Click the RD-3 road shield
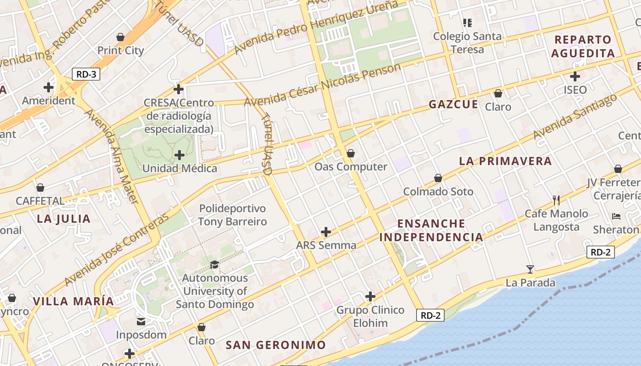pos(86,74)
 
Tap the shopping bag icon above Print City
pos(120,37)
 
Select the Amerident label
pos(49,101)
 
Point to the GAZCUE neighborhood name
pos(453,105)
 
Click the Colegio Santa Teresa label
pos(467,43)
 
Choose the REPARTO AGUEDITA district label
pos(583,46)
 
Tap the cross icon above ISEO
pos(575,76)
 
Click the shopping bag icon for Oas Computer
pos(351,153)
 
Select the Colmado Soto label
pos(438,191)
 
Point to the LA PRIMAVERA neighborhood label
pos(505,161)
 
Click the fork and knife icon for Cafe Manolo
pos(556,200)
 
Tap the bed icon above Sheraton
pos(616,216)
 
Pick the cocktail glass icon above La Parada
pos(530,269)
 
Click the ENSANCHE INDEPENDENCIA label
pos(431,230)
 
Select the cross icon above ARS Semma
pos(326,232)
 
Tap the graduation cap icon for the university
pos(214,264)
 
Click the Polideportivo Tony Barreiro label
pos(232,215)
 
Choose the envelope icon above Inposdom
pos(141,322)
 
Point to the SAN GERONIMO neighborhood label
pos(276,345)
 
